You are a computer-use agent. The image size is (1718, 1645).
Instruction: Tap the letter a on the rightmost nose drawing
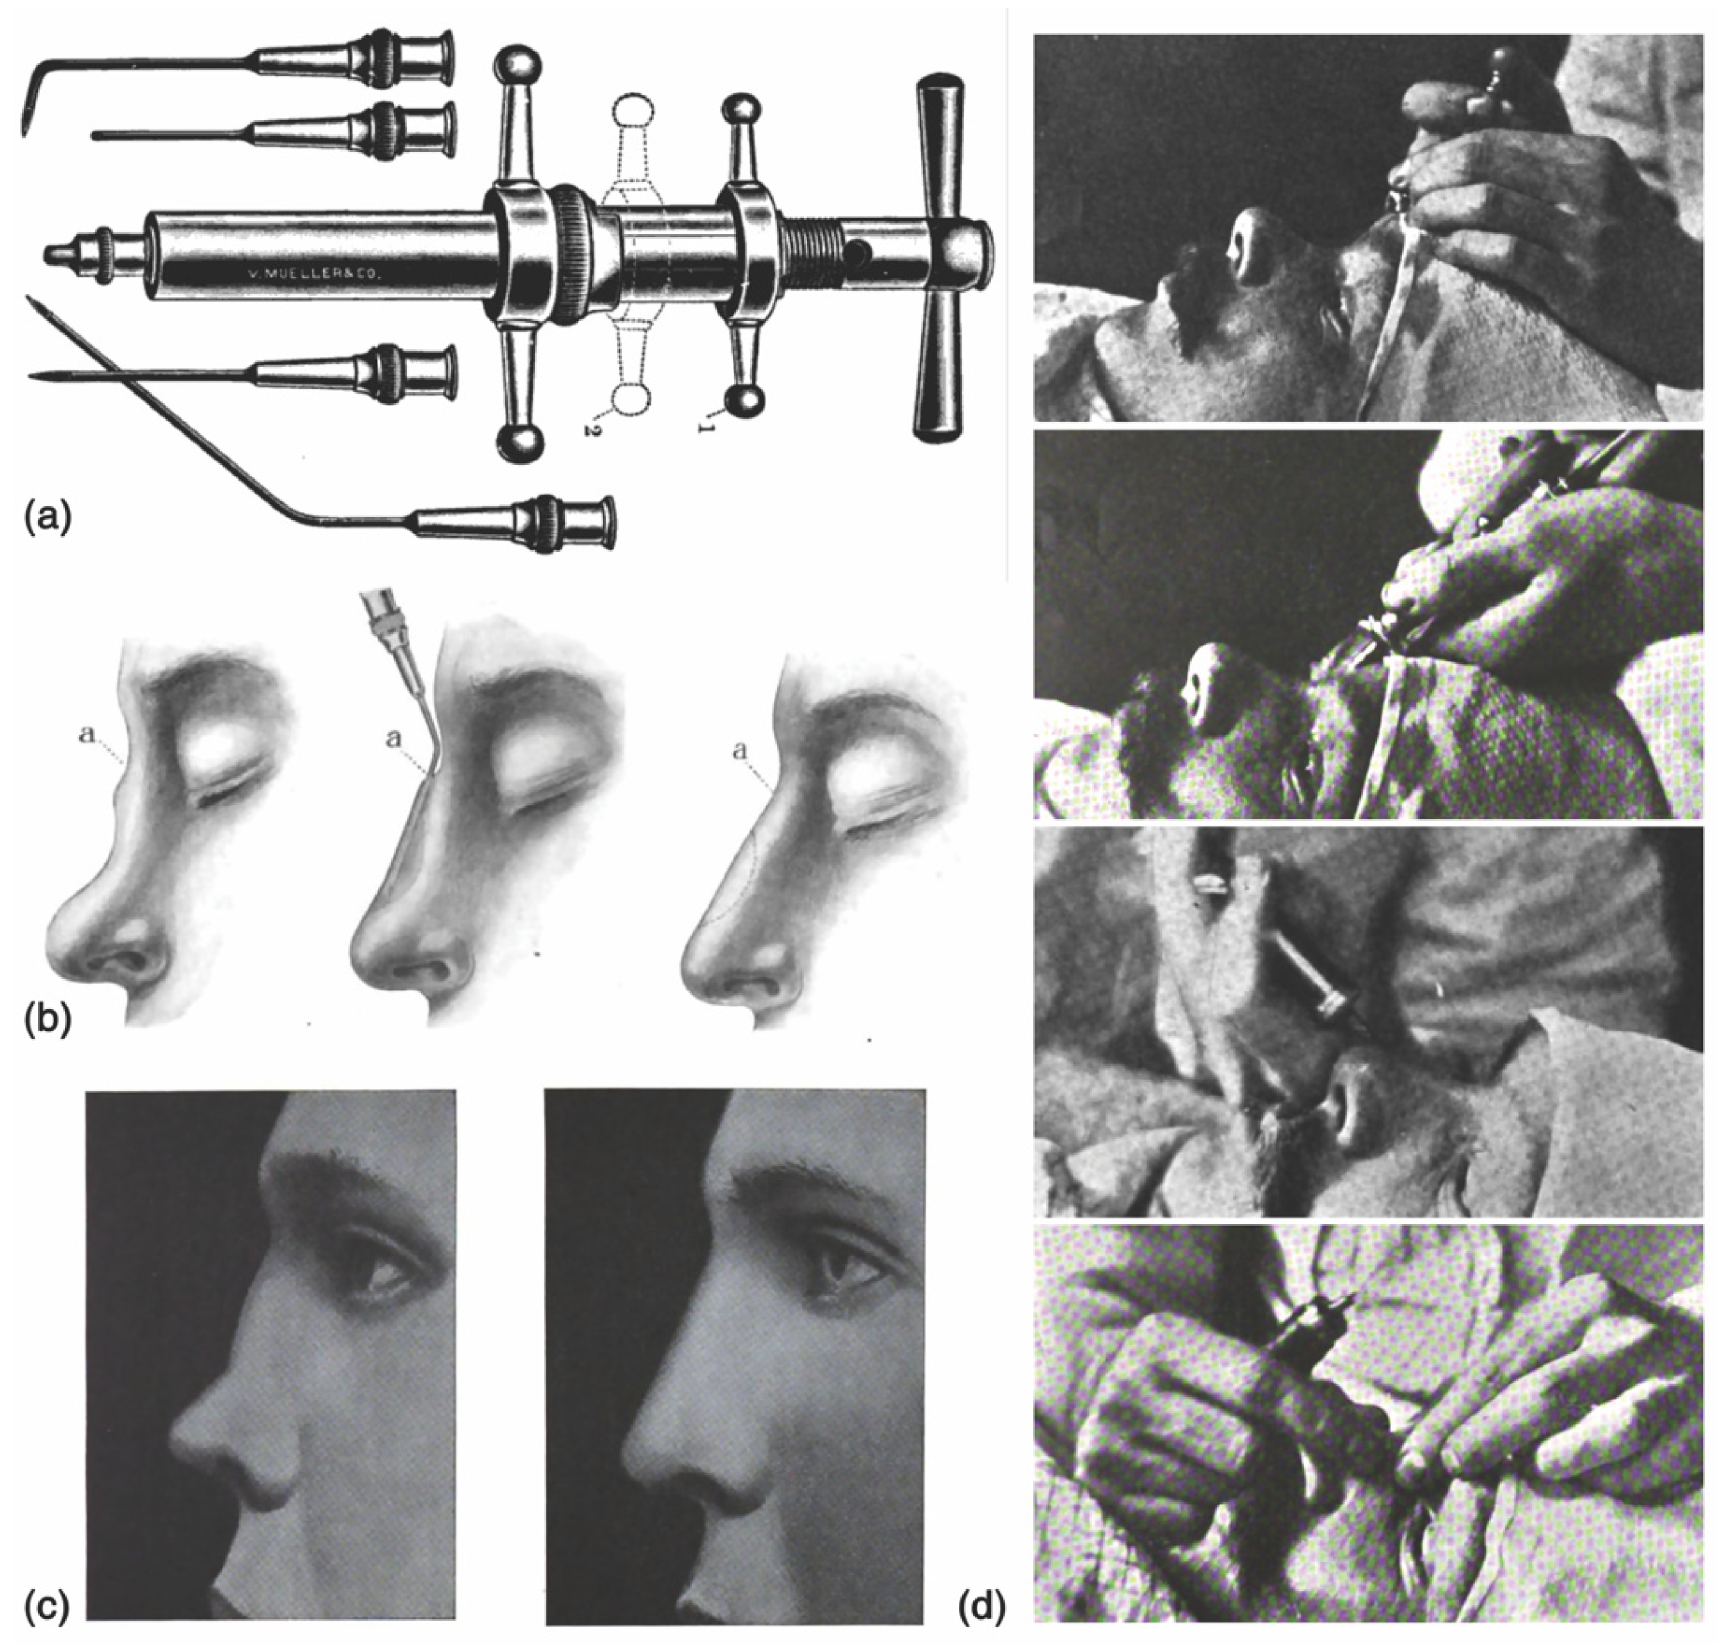coord(742,750)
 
